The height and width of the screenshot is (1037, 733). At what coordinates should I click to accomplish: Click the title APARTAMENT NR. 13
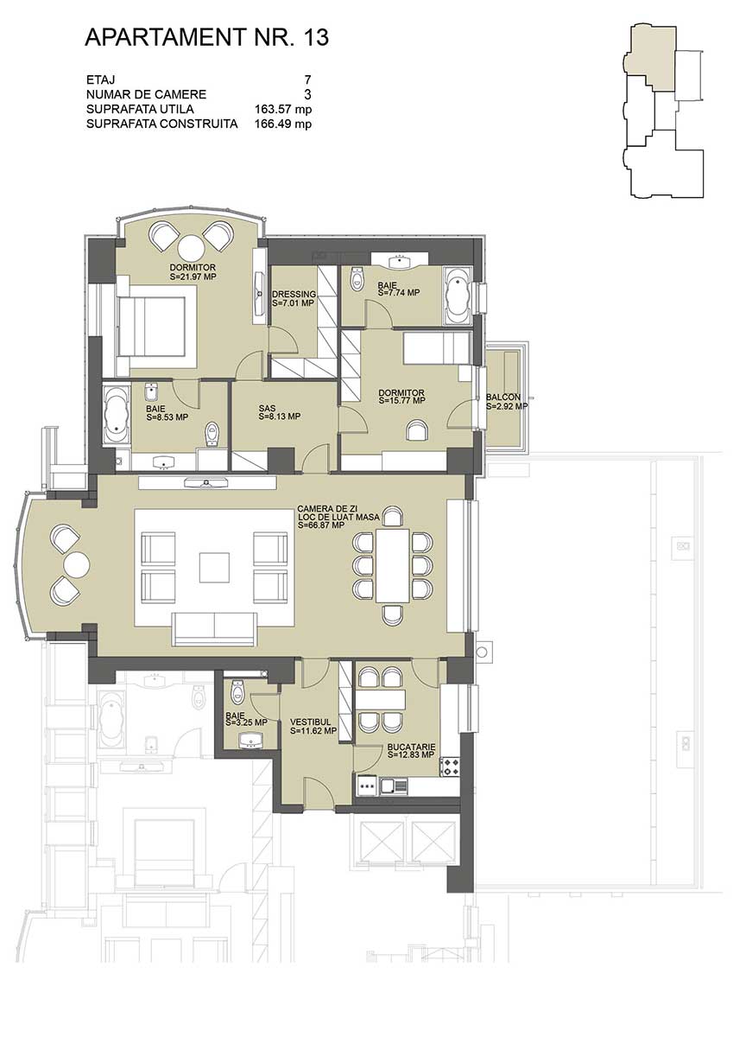point(206,37)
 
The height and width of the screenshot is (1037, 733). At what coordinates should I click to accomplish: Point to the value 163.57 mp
point(283,109)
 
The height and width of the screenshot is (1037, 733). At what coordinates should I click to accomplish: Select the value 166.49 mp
point(283,124)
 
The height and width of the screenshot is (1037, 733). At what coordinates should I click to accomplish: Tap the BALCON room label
point(503,397)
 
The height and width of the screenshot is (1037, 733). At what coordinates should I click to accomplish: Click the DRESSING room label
point(294,294)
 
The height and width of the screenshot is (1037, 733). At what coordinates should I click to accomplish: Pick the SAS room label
point(267,408)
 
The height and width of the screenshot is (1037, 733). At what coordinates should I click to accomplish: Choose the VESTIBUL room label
point(310,722)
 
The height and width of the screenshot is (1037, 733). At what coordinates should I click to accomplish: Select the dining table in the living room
point(393,564)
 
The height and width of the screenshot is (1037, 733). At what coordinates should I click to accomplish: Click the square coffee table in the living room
point(215,568)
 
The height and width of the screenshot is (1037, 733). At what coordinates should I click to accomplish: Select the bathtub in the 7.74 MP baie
point(457,296)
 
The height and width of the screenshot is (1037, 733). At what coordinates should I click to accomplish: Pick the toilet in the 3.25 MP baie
point(237,690)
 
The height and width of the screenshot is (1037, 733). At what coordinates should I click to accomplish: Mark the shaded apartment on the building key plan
point(651,57)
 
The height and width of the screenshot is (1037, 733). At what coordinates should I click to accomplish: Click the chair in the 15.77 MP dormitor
point(418,429)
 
